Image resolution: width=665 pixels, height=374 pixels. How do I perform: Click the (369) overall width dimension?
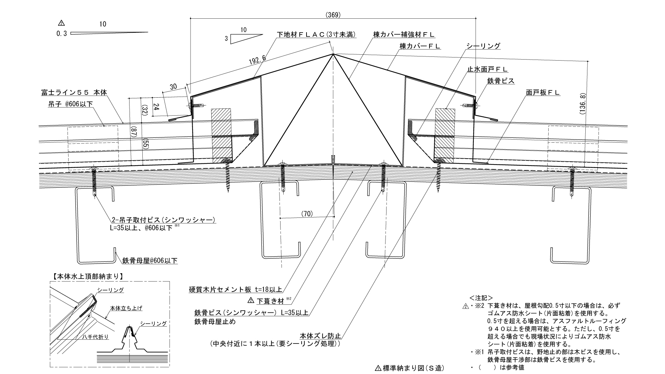333,15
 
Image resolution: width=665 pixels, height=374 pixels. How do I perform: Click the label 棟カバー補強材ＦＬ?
404,35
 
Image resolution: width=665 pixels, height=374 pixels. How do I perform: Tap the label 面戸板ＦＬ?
543,92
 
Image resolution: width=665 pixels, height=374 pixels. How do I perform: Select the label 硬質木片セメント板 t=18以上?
236,290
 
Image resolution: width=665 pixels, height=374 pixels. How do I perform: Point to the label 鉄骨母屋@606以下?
150,260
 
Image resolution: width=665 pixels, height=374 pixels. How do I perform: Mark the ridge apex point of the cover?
333,54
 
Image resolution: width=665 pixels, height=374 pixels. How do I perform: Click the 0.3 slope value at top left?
61,34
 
